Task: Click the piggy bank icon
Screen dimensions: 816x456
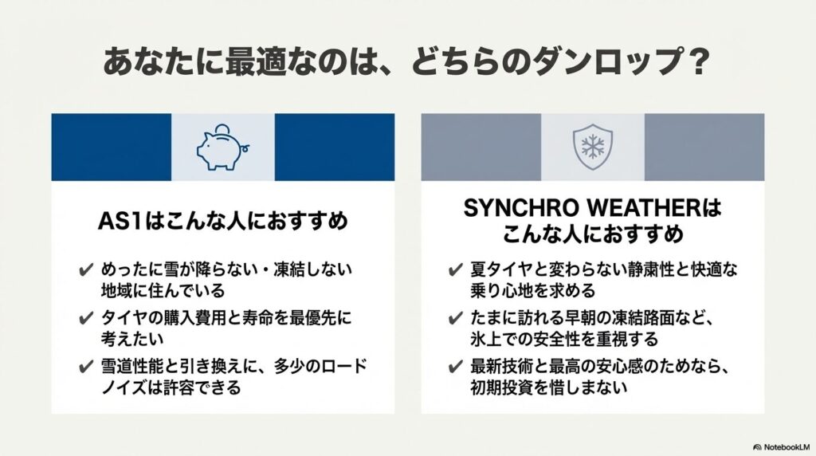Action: point(223,147)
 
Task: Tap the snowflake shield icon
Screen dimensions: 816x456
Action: point(592,147)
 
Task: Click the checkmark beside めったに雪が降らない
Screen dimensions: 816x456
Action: point(86,270)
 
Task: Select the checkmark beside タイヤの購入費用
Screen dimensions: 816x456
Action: point(86,318)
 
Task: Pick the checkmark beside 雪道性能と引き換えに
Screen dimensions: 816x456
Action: point(86,367)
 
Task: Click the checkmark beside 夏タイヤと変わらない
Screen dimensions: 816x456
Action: point(455,270)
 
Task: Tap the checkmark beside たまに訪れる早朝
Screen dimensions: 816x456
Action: point(455,318)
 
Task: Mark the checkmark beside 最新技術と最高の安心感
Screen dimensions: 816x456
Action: point(455,367)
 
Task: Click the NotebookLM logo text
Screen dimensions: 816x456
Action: point(782,447)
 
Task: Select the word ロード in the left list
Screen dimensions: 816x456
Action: point(345,367)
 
